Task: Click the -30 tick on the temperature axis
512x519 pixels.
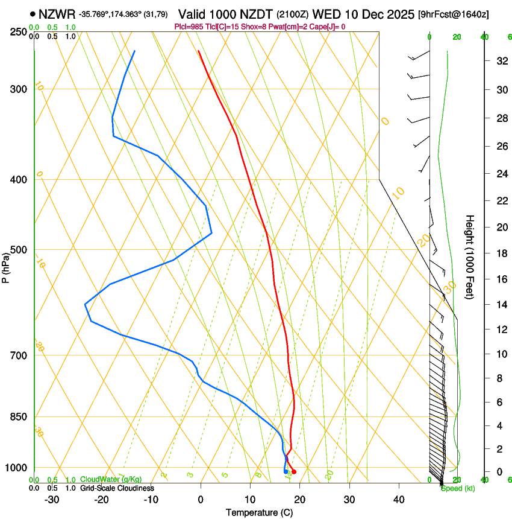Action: pyautogui.click(x=51, y=500)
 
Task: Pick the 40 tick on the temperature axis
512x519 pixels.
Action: pyautogui.click(x=399, y=500)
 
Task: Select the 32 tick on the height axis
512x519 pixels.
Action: pyautogui.click(x=501, y=61)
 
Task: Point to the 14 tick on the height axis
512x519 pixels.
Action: pyautogui.click(x=501, y=305)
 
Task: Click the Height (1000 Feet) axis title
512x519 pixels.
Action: pyautogui.click(x=470, y=256)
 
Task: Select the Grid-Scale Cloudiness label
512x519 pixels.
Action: pyautogui.click(x=117, y=488)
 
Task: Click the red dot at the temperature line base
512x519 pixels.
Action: pyautogui.click(x=294, y=472)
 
